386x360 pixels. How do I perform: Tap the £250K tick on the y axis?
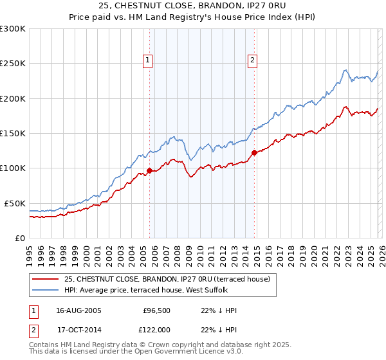[13, 64]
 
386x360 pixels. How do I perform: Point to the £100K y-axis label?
[13, 168]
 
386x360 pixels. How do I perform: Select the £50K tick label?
[15, 203]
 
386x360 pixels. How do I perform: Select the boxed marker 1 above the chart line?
[148, 60]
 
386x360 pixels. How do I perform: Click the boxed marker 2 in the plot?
[252, 60]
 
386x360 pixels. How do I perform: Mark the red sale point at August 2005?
[149, 170]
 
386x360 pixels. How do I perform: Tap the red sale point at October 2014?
[254, 152]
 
